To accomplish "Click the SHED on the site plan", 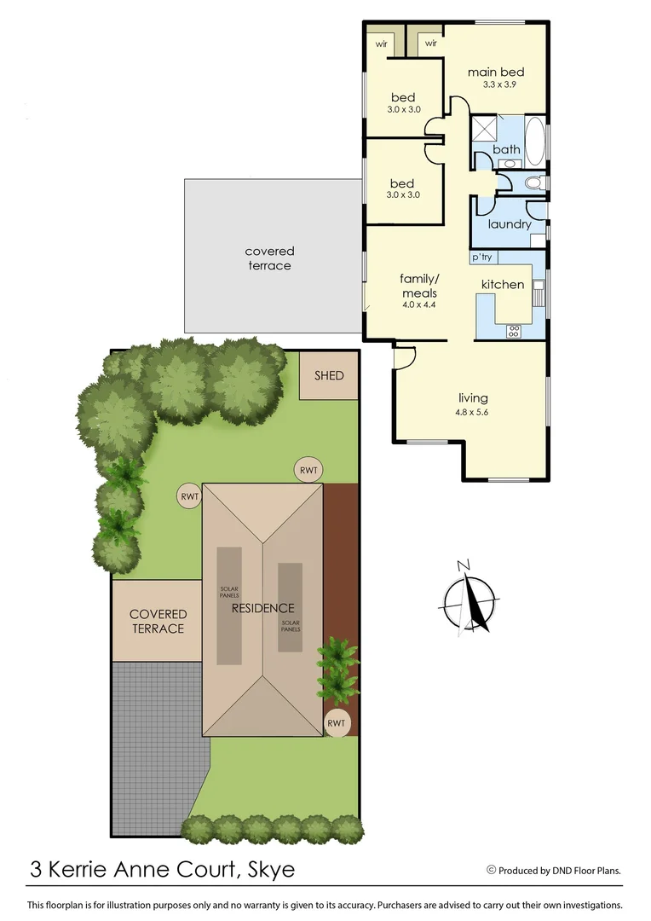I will coord(329,374).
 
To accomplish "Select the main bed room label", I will coord(496,72).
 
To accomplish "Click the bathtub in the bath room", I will coord(535,141).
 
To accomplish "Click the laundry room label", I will coord(510,224).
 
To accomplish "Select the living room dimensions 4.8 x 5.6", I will coord(473,412).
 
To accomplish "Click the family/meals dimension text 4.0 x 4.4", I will coord(418,305).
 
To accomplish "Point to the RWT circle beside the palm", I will coord(337,723).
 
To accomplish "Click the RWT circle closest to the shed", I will coord(308,468).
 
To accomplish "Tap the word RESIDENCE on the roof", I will coord(263,608).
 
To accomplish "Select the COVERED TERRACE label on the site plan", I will coord(158,621).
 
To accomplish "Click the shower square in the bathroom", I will coord(485,129).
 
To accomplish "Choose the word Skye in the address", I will coord(271,870).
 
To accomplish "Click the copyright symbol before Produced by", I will coord(491,870).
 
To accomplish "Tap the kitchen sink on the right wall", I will coord(539,291).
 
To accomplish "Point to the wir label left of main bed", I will coord(431,42).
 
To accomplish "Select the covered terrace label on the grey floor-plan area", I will coord(269,258).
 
